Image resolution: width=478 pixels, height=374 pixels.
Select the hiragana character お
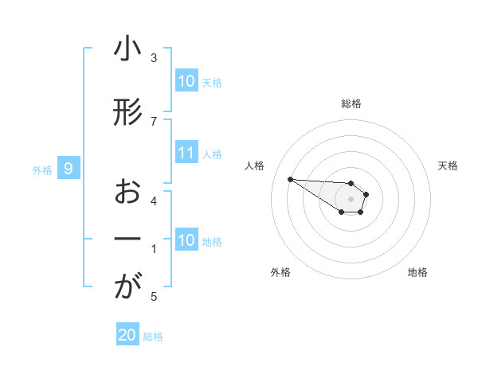127,193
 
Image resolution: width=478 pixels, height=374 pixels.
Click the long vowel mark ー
127,240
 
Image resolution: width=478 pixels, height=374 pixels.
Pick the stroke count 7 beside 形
154,121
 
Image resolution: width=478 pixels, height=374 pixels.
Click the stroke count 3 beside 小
154,58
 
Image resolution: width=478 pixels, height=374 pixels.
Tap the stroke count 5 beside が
154,297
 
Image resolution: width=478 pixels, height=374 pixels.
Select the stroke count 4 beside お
154,201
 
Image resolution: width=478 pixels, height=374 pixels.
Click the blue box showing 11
186,153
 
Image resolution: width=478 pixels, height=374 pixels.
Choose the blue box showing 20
127,335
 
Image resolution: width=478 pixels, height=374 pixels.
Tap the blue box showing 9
69,168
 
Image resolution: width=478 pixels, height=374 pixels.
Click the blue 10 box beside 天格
186,81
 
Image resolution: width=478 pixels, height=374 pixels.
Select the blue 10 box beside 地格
186,240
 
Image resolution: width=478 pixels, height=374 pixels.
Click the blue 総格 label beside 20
153,337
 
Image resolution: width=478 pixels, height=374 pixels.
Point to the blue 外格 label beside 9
41,169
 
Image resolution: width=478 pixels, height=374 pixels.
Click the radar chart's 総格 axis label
351,103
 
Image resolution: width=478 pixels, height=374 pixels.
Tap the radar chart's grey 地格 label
417,272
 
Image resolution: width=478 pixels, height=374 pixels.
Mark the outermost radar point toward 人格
290,178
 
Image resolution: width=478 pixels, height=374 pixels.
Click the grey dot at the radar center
351,198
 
